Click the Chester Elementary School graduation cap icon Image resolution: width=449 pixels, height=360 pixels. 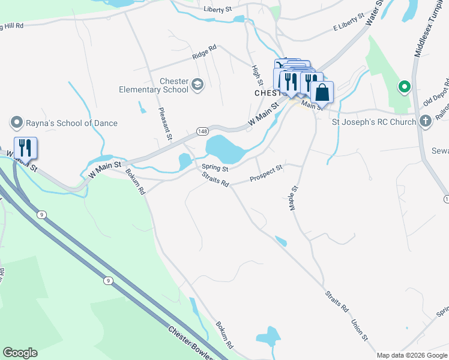point(197,86)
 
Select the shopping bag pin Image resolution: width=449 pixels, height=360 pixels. point(322,93)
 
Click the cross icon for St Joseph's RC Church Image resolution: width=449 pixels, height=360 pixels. point(425,122)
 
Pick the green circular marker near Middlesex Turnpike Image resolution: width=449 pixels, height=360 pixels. point(405,88)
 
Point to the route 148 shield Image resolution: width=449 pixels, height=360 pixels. point(202,131)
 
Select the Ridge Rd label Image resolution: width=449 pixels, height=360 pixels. point(203,53)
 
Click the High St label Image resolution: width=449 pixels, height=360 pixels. point(256,76)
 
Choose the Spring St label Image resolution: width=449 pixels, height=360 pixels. point(215,167)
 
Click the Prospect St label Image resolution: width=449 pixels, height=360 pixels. point(266,175)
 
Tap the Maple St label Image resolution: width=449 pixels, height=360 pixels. point(294,197)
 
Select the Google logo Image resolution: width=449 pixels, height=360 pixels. point(20,353)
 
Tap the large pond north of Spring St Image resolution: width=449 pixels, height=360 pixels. point(222,148)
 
